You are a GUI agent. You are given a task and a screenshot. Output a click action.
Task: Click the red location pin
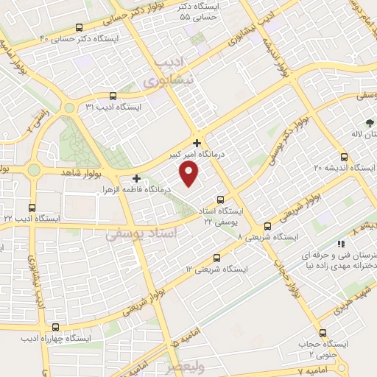pyautogui.click(x=190, y=175)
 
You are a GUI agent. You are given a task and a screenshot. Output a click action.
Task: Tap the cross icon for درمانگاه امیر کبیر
pyautogui.click(x=197, y=142)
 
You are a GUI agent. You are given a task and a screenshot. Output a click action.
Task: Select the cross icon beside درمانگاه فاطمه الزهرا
pyautogui.click(x=136, y=177)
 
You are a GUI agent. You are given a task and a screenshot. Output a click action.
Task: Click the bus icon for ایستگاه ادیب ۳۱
pyautogui.click(x=113, y=96)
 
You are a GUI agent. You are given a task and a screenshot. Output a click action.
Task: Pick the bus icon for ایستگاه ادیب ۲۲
pyautogui.click(x=31, y=208)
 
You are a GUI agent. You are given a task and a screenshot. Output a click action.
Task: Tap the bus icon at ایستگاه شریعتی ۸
pyautogui.click(x=267, y=226)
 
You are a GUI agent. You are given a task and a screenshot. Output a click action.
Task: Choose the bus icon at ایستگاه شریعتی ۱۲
pyautogui.click(x=216, y=258)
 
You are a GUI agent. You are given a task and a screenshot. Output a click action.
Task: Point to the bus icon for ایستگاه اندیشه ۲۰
pyautogui.click(x=345, y=156)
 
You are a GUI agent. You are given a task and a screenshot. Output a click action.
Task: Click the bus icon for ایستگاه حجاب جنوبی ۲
pyautogui.click(x=323, y=333)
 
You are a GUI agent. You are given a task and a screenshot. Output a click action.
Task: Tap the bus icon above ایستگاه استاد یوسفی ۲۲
pyautogui.click(x=221, y=200)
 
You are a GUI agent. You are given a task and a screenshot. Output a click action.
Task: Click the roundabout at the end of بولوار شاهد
pyautogui.click(x=34, y=170)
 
